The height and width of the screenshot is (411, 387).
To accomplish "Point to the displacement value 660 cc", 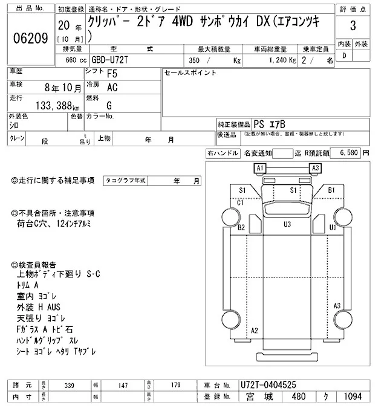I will click(x=71, y=60).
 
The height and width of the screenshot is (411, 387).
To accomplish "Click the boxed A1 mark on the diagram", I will click(x=261, y=167).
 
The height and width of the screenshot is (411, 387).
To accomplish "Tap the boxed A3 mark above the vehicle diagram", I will click(x=314, y=167).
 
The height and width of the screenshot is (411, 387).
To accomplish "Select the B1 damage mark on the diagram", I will click(x=331, y=190).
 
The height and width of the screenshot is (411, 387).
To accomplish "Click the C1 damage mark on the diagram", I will click(x=240, y=202).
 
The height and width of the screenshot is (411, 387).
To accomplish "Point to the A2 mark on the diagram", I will click(x=255, y=330).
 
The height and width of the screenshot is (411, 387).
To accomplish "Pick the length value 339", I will click(x=70, y=384).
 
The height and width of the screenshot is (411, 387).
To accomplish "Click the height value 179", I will click(x=176, y=384).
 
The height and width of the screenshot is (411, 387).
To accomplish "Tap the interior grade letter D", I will click(x=345, y=56).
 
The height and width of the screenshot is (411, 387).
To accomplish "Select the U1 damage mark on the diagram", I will click(x=332, y=227).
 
